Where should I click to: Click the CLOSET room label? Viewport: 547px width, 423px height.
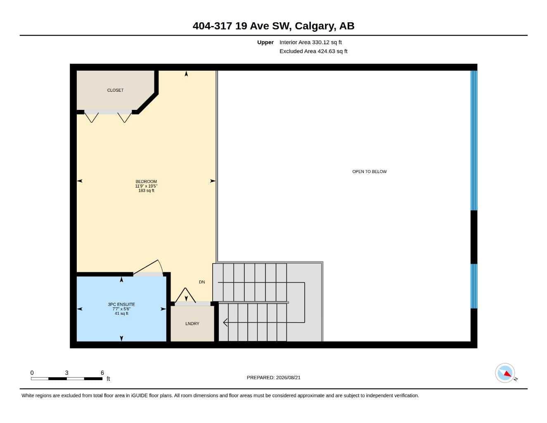pyautogui.click(x=115, y=90)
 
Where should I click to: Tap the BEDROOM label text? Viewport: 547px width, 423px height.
pyautogui.click(x=146, y=181)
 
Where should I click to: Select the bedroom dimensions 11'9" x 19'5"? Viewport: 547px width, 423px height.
pyautogui.click(x=146, y=186)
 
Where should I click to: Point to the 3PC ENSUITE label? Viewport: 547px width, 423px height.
pyautogui.click(x=121, y=304)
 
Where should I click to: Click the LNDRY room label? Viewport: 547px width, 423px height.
pyautogui.click(x=192, y=323)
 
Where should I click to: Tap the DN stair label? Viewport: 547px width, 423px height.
pyautogui.click(x=202, y=282)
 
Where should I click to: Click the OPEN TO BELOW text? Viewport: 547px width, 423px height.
pyautogui.click(x=369, y=171)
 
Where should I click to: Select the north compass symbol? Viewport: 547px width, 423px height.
pyautogui.click(x=505, y=373)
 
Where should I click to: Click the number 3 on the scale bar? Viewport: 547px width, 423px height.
pyautogui.click(x=66, y=373)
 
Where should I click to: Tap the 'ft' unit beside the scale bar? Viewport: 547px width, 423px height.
pyautogui.click(x=108, y=379)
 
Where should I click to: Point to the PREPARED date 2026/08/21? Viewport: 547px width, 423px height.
pyautogui.click(x=288, y=378)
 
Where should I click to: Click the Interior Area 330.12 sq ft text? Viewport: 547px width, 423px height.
pyautogui.click(x=310, y=42)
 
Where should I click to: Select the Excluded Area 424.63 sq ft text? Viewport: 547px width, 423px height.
pyautogui.click(x=313, y=51)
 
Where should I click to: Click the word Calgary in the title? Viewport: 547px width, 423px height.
pyautogui.click(x=315, y=26)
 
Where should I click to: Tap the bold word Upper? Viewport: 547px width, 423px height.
pyautogui.click(x=265, y=42)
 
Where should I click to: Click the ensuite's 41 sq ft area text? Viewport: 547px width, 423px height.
pyautogui.click(x=121, y=314)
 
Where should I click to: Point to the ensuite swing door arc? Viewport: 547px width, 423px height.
pyautogui.click(x=161, y=266)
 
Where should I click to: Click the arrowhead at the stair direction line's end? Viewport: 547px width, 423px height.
pyautogui.click(x=225, y=322)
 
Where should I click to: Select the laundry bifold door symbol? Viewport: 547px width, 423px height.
pyautogui.click(x=185, y=295)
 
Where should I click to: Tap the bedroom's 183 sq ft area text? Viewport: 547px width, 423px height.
pyautogui.click(x=146, y=190)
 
